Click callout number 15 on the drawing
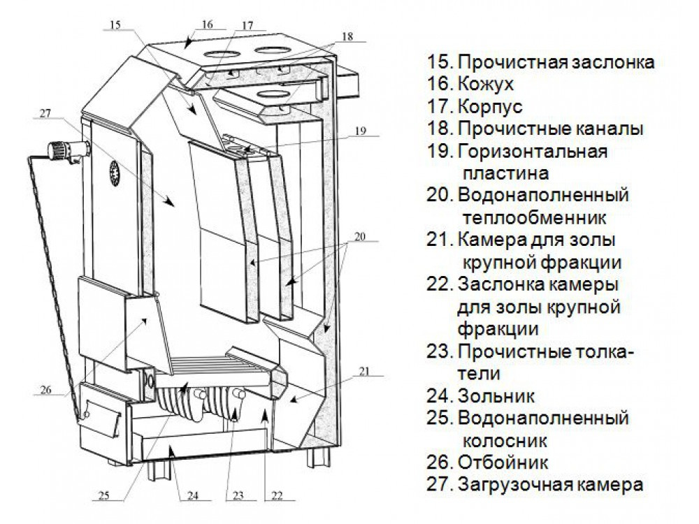point(115,26)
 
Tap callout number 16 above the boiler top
point(207,24)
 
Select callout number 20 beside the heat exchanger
point(359,236)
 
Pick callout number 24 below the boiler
point(194,497)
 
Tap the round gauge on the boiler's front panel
point(112,170)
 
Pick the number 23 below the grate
point(238,497)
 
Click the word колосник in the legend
point(503,441)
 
